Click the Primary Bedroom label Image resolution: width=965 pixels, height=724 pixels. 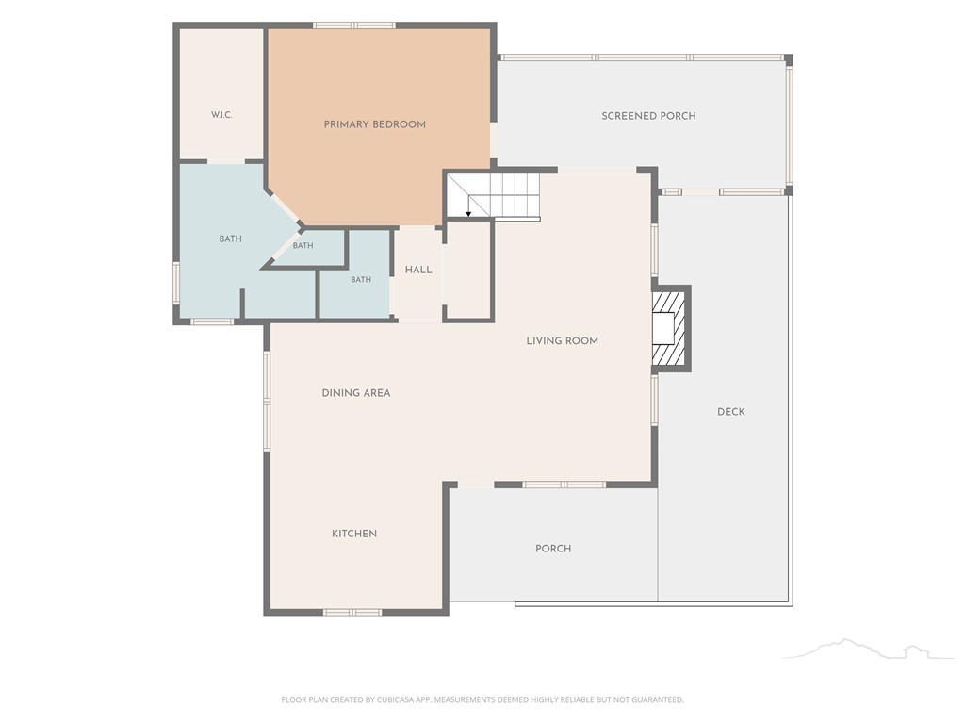(x=375, y=124)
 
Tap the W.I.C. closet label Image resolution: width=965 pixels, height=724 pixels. (x=221, y=114)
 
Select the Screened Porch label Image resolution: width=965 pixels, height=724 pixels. (x=648, y=116)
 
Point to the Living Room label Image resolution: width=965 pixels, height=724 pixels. (x=562, y=340)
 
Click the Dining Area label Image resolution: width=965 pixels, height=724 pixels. (x=356, y=393)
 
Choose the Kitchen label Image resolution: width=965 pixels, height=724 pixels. (x=354, y=534)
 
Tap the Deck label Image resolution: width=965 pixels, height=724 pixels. (x=731, y=412)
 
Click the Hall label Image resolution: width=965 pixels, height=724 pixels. (x=418, y=270)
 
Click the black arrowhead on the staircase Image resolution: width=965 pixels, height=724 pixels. (x=468, y=214)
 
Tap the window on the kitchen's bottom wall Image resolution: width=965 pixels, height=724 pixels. (x=352, y=613)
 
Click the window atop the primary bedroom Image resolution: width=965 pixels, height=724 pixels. (x=354, y=25)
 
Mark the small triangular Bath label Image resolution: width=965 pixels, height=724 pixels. (x=303, y=246)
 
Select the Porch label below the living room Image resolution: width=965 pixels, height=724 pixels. (x=553, y=549)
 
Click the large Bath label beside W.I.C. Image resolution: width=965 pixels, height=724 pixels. (x=231, y=239)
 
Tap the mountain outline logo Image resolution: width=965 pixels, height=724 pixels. (x=868, y=649)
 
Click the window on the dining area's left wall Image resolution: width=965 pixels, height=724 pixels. (x=267, y=401)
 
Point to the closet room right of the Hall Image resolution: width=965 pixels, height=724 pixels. (x=469, y=270)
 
